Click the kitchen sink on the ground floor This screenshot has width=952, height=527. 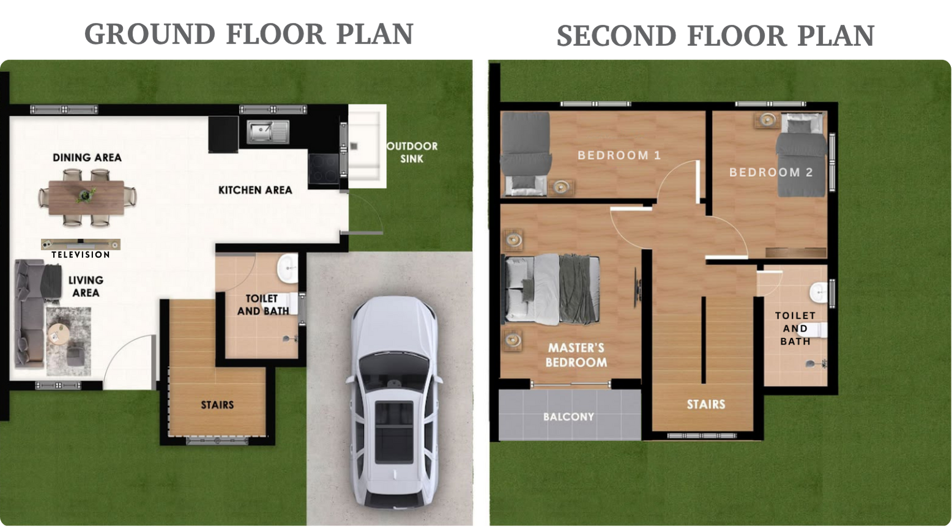[x=268, y=131]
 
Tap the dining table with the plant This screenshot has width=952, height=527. [x=86, y=197]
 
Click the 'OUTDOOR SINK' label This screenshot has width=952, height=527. [x=412, y=152]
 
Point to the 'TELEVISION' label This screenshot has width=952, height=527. [x=81, y=255]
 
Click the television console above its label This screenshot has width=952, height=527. [x=81, y=244]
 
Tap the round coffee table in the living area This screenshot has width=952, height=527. [x=57, y=333]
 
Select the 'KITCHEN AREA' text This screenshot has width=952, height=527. [x=255, y=190]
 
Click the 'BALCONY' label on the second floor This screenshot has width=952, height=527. [x=568, y=417]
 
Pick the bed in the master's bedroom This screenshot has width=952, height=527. [x=552, y=289]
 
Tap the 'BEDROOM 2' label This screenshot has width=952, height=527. [x=771, y=172]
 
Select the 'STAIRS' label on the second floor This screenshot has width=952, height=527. [x=706, y=404]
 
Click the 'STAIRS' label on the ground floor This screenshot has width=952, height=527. [x=217, y=405]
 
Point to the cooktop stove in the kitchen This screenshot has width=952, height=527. [x=324, y=169]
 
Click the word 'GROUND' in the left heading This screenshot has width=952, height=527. [x=150, y=34]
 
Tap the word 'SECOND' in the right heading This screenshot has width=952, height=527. [x=616, y=35]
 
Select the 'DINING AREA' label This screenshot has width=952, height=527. [x=87, y=158]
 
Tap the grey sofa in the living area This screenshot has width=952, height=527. [x=30, y=313]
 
